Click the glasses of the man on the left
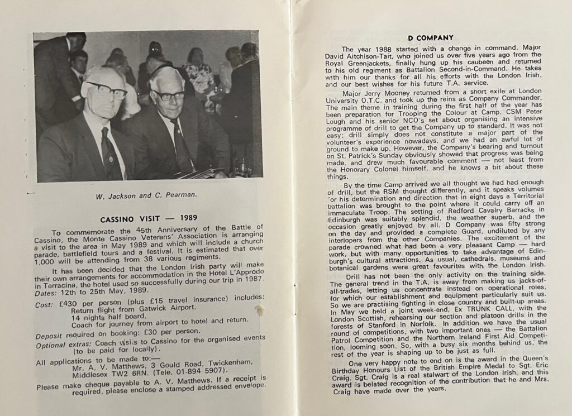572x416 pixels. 107,89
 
